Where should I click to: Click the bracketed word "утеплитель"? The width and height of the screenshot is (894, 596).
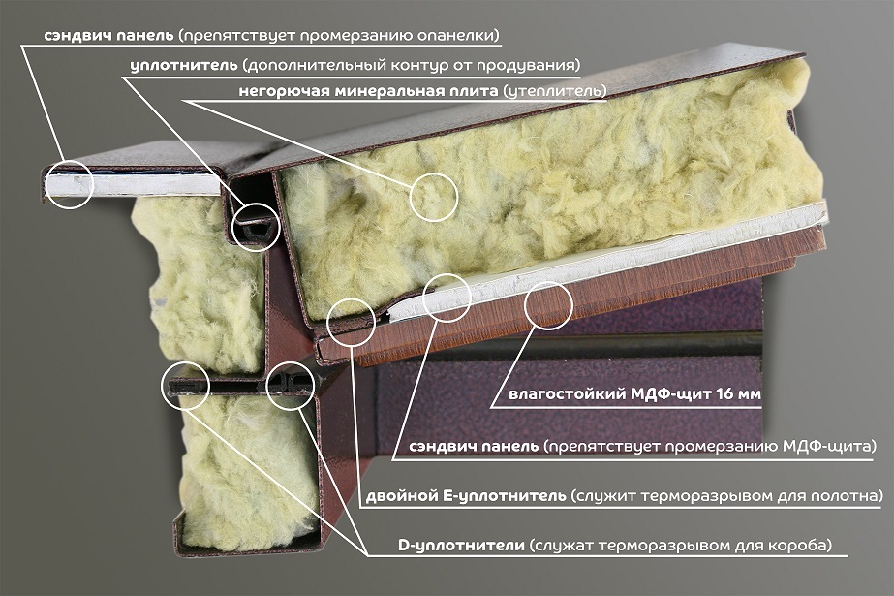pyautogui.click(x=552, y=92)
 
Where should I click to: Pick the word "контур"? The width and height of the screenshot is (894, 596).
pyautogui.click(x=412, y=65)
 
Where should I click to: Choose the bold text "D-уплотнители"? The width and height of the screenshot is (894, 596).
pyautogui.click(x=461, y=546)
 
